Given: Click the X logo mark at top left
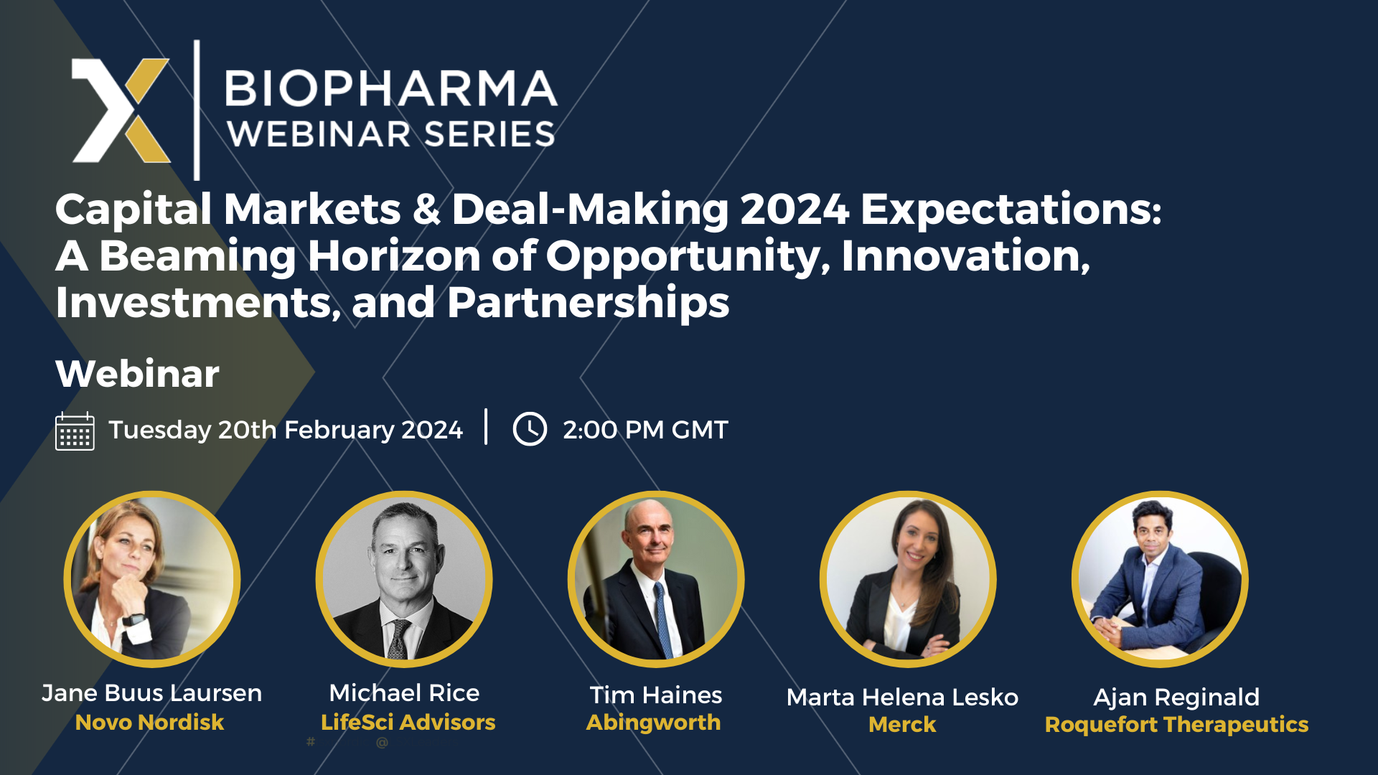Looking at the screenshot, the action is (121, 111).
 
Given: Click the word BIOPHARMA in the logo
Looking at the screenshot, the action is (391, 88).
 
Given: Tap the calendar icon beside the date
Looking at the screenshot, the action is (75, 431).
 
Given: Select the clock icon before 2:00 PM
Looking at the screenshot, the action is (530, 429).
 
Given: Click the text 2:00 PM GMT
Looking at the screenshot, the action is (645, 430).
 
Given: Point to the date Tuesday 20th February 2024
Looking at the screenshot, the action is (286, 430).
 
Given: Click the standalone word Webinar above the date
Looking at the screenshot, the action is (137, 374).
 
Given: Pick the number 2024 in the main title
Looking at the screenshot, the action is (795, 210).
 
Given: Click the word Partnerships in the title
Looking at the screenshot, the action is (589, 303).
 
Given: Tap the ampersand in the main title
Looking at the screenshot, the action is (426, 210).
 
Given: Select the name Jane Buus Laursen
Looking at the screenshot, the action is (151, 693).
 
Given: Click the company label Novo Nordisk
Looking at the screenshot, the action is (149, 722).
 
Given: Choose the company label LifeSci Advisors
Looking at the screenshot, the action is (408, 722).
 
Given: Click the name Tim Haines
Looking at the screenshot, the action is (656, 695).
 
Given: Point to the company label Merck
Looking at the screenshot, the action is (902, 724).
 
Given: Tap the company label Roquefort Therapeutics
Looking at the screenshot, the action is (1176, 725).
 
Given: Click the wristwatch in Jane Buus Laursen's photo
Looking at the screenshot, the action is (134, 619).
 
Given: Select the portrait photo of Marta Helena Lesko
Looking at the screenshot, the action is (908, 579).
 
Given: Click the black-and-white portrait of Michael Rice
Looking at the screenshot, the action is (404, 579).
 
